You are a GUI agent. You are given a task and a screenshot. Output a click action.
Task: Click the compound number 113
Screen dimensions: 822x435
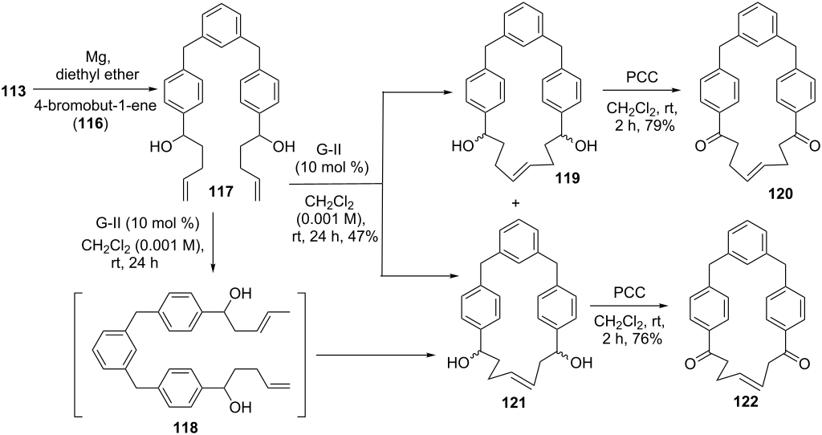pyautogui.click(x=14, y=91)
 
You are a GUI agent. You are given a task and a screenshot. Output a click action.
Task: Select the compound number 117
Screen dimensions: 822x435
pyautogui.click(x=221, y=193)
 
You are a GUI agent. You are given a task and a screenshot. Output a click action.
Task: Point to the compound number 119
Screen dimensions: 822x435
pyautogui.click(x=568, y=178)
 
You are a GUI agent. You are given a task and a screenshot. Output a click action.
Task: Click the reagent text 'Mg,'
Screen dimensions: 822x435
pyautogui.click(x=100, y=57)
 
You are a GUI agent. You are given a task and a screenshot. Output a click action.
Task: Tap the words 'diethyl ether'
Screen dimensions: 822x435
pyautogui.click(x=100, y=75)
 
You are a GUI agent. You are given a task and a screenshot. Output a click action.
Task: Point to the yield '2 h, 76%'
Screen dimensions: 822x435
pyautogui.click(x=633, y=339)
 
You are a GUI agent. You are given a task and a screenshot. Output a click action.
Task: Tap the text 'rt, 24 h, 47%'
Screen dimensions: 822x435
pyautogui.click(x=334, y=237)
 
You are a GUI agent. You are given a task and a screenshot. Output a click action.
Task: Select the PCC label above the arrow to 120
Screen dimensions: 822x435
pyautogui.click(x=640, y=76)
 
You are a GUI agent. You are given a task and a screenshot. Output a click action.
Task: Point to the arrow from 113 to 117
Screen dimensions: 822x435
pyautogui.click(x=96, y=90)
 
